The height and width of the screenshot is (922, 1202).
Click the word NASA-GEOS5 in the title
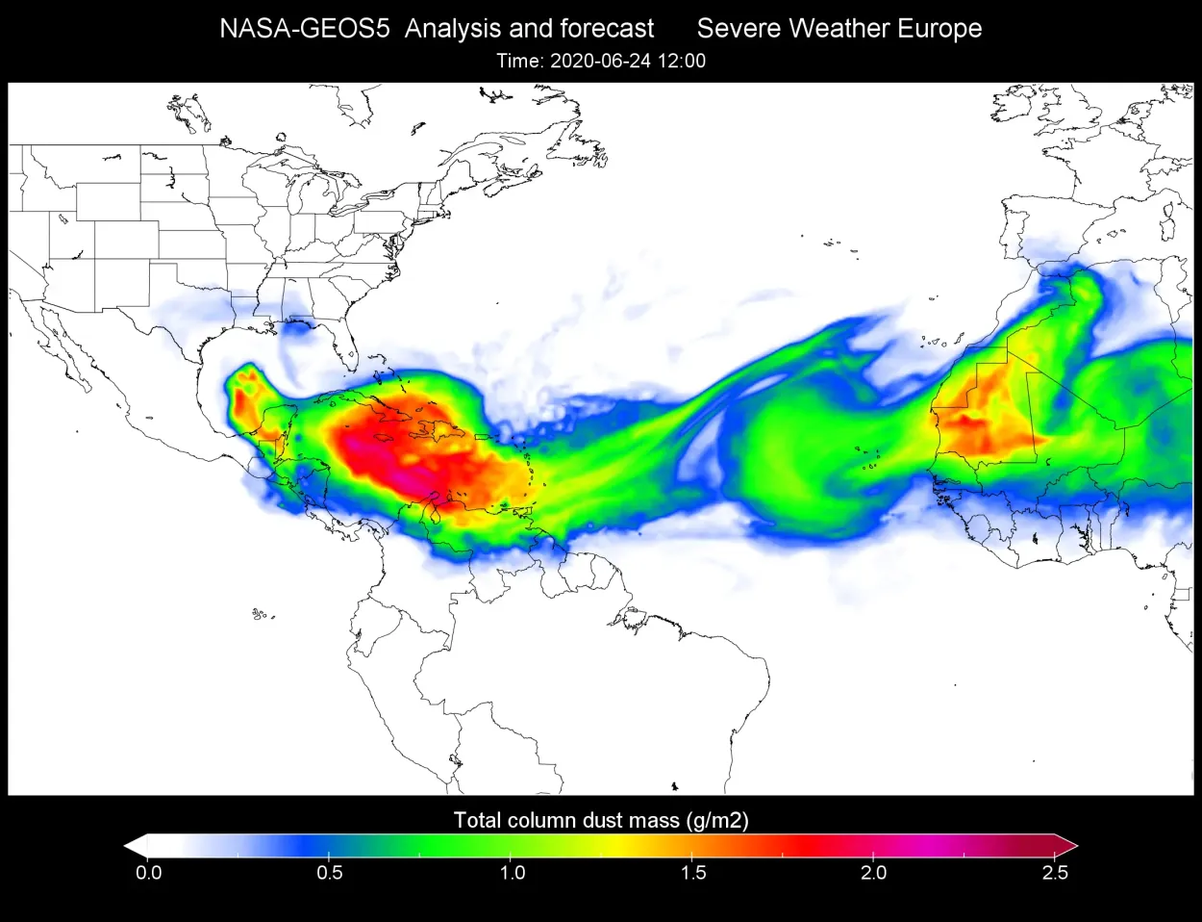(x=304, y=29)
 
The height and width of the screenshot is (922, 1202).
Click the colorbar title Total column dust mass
(x=566, y=820)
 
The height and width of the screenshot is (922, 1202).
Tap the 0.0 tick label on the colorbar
(x=148, y=873)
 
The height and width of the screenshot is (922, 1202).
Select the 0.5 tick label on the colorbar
(x=330, y=873)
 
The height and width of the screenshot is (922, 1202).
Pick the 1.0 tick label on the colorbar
(x=512, y=873)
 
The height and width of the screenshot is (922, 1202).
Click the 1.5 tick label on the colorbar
(x=692, y=873)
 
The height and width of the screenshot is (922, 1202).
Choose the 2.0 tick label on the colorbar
(x=873, y=873)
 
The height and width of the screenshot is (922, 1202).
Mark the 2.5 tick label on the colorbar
(x=1055, y=873)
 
